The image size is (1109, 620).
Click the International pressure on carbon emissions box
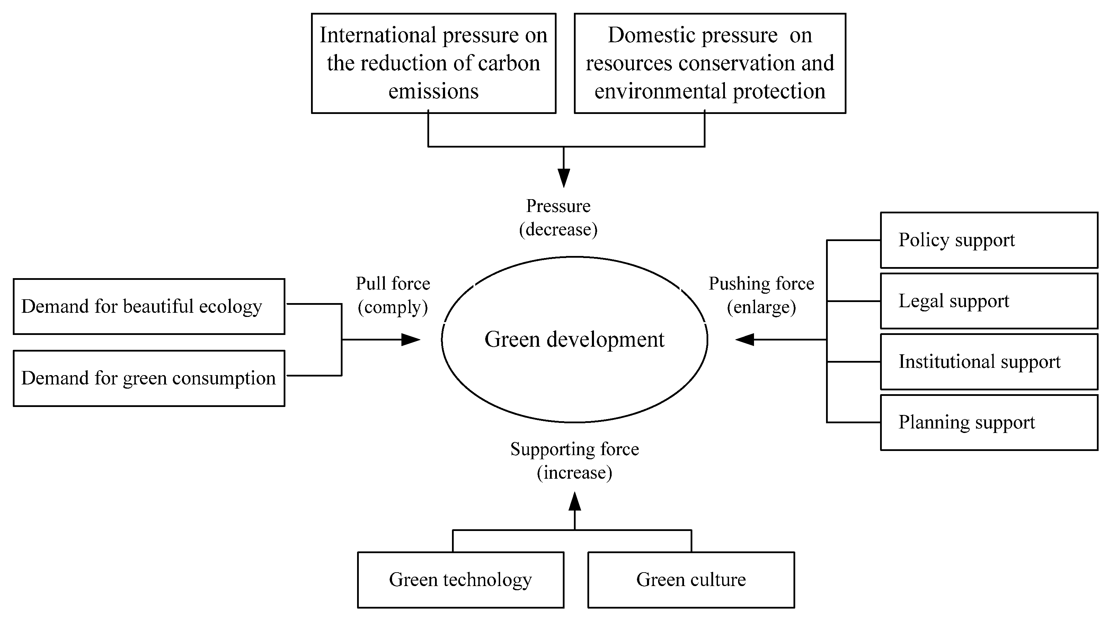coord(434,63)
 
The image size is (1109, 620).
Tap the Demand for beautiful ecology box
coord(149,307)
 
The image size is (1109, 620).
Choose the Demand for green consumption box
coord(149,378)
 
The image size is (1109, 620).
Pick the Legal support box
coord(988,301)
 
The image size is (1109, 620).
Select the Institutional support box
coord(988,362)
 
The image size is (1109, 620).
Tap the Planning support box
coord(988,422)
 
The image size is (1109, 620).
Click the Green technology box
coord(460,579)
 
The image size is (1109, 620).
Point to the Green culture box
coord(691,579)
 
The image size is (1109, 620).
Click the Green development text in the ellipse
coord(574,339)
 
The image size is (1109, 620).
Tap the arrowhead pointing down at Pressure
coord(564,178)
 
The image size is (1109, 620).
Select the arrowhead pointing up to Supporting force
coord(574,501)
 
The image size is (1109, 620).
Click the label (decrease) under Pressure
coord(558,230)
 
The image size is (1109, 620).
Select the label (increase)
coord(574,473)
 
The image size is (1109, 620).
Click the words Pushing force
coord(761,284)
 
